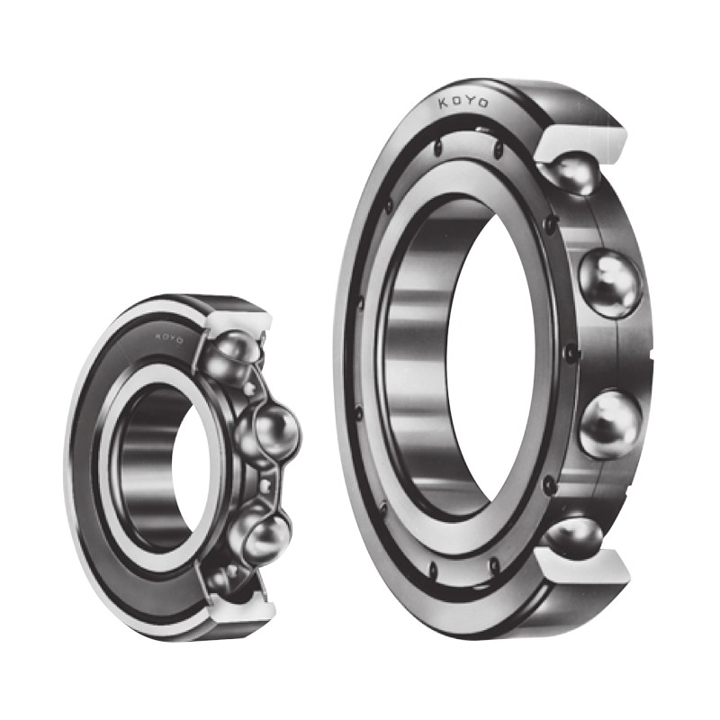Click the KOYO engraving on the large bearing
coord(463,102)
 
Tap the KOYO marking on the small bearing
coord(169,338)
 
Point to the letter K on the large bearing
coord(444,103)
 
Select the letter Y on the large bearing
coord(470,101)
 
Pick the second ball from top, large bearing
coord(609,283)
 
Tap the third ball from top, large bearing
coord(610,424)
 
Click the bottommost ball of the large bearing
coord(573,534)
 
